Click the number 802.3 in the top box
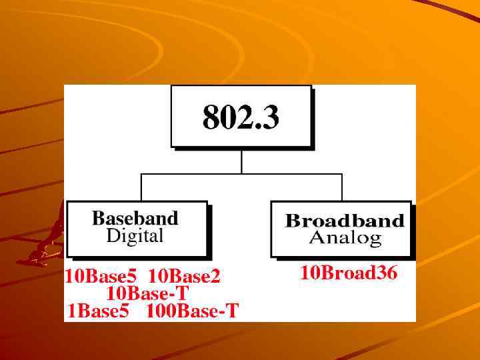[241, 117]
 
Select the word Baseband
[135, 218]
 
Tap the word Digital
[135, 235]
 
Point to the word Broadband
[345, 221]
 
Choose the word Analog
[345, 237]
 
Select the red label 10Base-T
[147, 293]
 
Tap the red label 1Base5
[98, 311]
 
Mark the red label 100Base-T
[192, 311]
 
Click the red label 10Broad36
[349, 273]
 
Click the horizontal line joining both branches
[241, 174]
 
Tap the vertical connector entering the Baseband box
[141, 187]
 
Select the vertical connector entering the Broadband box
[342, 187]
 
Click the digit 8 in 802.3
[211, 117]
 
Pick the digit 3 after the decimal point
[270, 117]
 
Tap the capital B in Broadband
[291, 221]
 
